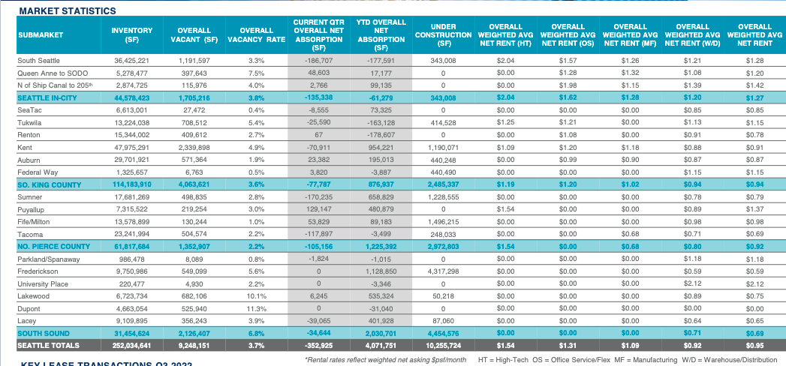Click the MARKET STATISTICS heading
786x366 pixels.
68,11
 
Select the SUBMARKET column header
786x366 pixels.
41,34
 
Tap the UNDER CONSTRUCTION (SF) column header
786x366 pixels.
443,34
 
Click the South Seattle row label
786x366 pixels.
38,60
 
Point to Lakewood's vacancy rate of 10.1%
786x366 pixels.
257,296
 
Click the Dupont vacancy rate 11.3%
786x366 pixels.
257,308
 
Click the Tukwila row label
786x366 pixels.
30,122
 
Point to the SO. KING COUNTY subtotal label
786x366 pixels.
50,184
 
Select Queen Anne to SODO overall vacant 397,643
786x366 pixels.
195,73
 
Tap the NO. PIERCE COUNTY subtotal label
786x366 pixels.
54,246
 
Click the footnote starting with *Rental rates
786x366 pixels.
386,359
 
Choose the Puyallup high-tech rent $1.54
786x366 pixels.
506,209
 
